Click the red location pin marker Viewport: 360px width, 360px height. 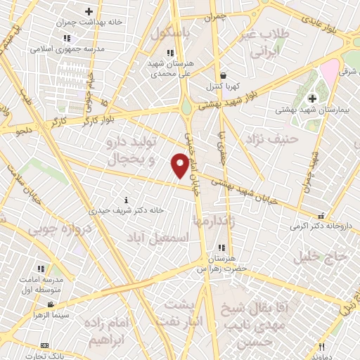[180, 165]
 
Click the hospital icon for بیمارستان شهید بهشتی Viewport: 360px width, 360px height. [312, 98]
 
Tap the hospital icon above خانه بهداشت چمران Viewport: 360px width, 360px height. [89, 11]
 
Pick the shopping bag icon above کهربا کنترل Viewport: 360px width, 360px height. [223, 75]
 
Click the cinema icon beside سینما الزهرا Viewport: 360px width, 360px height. [51, 304]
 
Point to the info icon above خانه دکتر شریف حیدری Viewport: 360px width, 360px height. [126, 199]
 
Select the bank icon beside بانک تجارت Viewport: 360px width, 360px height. [45, 345]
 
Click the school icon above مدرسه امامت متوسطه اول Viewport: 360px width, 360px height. [40, 269]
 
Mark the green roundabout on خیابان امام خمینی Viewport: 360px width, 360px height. [186, 108]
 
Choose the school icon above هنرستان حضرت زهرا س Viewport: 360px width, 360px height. [222, 247]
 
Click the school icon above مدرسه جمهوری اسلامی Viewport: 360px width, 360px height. [66, 38]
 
